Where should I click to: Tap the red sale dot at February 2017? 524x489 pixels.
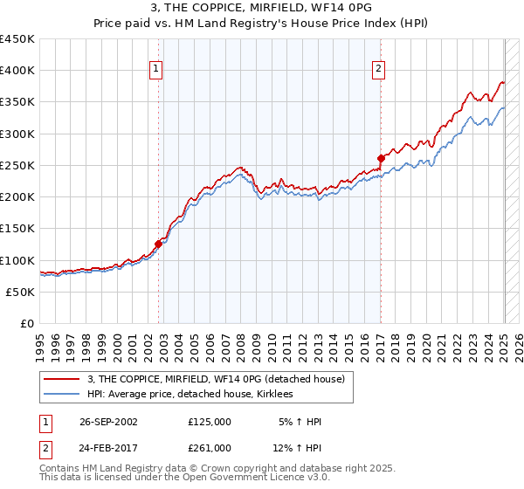click(x=381, y=158)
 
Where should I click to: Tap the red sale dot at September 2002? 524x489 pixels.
click(x=159, y=244)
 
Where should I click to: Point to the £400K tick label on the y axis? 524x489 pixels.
click(x=17, y=71)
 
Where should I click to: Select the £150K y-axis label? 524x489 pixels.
click(x=17, y=229)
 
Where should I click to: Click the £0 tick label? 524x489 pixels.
click(x=28, y=324)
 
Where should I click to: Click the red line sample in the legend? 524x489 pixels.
click(x=62, y=379)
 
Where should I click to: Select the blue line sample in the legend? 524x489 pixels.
click(x=62, y=395)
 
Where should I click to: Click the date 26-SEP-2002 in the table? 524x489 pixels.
click(x=108, y=421)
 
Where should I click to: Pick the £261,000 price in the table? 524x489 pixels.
click(x=210, y=447)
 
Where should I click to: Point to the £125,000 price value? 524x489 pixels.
click(x=210, y=421)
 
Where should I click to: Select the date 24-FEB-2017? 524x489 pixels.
click(x=108, y=447)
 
